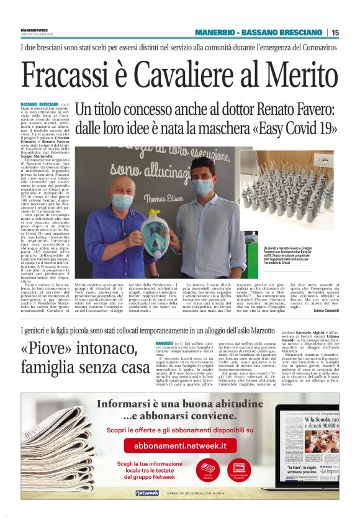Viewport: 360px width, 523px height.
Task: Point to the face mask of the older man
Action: point(123,201)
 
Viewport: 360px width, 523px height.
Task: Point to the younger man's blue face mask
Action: point(204,186)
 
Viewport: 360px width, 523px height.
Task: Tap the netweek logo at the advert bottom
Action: point(147,493)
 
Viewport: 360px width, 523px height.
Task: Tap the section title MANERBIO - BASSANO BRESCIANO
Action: point(259,32)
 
